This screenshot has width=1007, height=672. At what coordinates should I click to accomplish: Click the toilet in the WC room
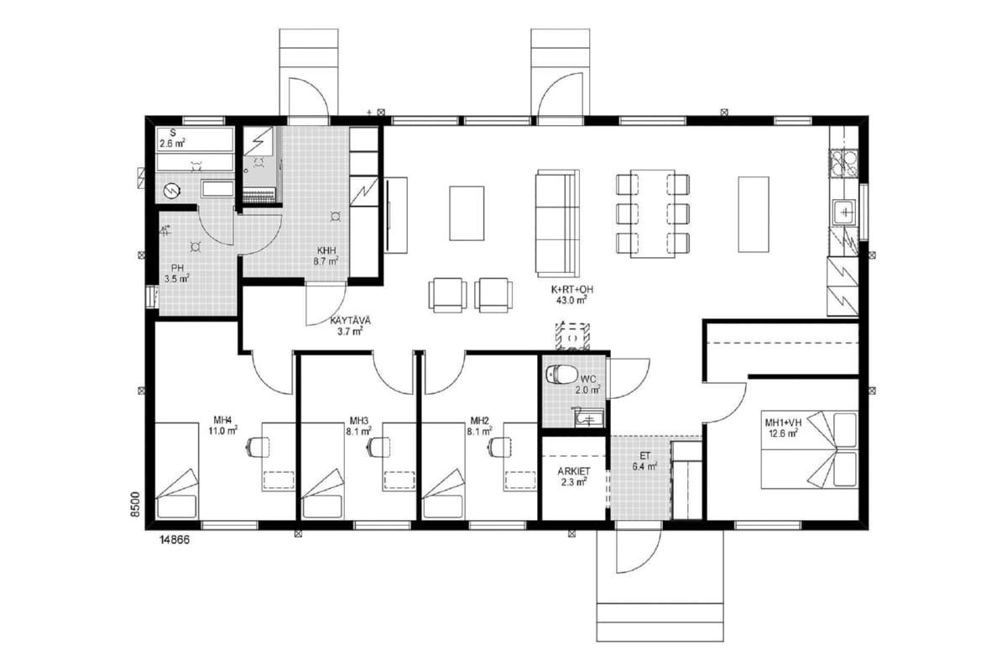pyautogui.click(x=561, y=373)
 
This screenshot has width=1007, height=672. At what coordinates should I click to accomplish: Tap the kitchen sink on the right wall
pyautogui.click(x=845, y=213)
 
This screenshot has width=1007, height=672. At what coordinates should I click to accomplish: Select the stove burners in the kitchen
pyautogui.click(x=843, y=162)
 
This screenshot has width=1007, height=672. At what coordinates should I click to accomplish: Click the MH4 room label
pyautogui.click(x=222, y=420)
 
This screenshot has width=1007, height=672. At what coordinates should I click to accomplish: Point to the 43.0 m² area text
pyautogui.click(x=571, y=301)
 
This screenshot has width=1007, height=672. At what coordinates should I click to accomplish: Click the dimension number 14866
pyautogui.click(x=175, y=540)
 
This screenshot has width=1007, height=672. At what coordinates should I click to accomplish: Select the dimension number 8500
pyautogui.click(x=135, y=504)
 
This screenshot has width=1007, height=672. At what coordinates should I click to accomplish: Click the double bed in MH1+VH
pyautogui.click(x=809, y=449)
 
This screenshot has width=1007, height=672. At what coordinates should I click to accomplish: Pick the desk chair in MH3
pyautogui.click(x=378, y=448)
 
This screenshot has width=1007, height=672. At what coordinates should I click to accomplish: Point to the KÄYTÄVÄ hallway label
pyautogui.click(x=350, y=321)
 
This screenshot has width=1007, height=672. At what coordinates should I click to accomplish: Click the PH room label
pyautogui.click(x=177, y=269)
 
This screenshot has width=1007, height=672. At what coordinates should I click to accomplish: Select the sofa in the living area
pyautogui.click(x=557, y=223)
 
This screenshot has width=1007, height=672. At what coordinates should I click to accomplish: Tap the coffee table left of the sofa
pyautogui.click(x=467, y=213)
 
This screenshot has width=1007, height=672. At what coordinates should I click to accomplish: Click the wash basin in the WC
pyautogui.click(x=588, y=417)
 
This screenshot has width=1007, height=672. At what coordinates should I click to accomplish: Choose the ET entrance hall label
pyautogui.click(x=645, y=455)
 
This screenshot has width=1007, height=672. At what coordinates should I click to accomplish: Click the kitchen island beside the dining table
pyautogui.click(x=754, y=214)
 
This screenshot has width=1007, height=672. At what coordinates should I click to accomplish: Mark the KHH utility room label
pyautogui.click(x=326, y=250)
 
